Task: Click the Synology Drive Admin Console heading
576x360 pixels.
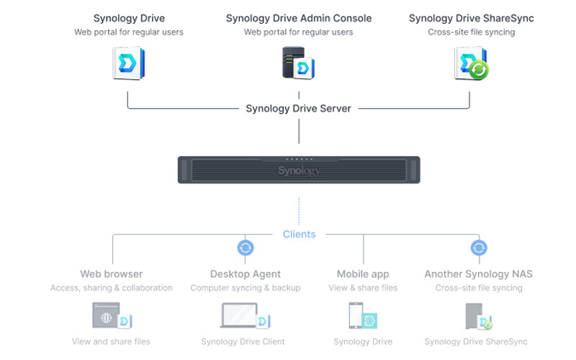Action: [x=298, y=18]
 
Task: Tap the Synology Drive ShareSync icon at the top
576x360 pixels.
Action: [x=472, y=63]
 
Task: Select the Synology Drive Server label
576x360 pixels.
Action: [x=298, y=109]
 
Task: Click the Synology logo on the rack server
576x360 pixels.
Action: [x=299, y=171]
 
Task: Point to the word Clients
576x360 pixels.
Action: [x=299, y=234]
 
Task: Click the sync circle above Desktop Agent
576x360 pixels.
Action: [x=246, y=248]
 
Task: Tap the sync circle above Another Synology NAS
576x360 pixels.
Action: [x=479, y=248]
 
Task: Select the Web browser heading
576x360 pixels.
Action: [x=112, y=274]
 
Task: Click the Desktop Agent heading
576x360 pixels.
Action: [x=246, y=274]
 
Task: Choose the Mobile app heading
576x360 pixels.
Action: [x=363, y=274]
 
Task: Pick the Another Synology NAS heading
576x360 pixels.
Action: [x=478, y=274]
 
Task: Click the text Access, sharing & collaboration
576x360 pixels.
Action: [x=112, y=288]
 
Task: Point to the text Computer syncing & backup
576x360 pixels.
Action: [x=246, y=288]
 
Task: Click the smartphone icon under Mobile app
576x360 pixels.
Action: [x=356, y=315]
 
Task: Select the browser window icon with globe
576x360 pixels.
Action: [x=107, y=315]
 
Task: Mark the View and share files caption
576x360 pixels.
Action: [x=111, y=341]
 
